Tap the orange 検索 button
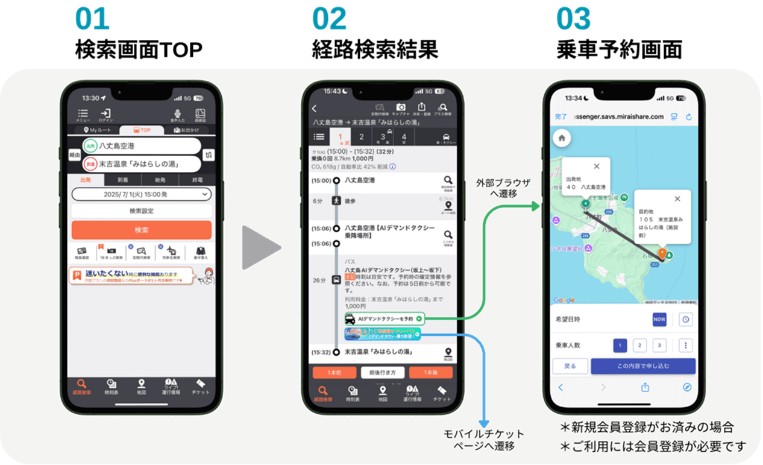coord(141,230)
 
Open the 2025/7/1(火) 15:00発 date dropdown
coord(141,194)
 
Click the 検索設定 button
coord(141,211)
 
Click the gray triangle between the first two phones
coord(260,247)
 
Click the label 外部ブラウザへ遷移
coord(503,188)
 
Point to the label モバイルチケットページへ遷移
coord(484,440)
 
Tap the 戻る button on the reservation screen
coord(570,366)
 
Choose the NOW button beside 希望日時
coord(659,320)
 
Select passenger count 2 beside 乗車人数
coord(640,346)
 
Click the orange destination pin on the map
coord(662,254)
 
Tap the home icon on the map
coord(562,138)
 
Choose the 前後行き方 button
coord(383,373)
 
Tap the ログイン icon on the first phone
coord(106,115)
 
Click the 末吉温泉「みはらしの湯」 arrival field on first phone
coord(142,163)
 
